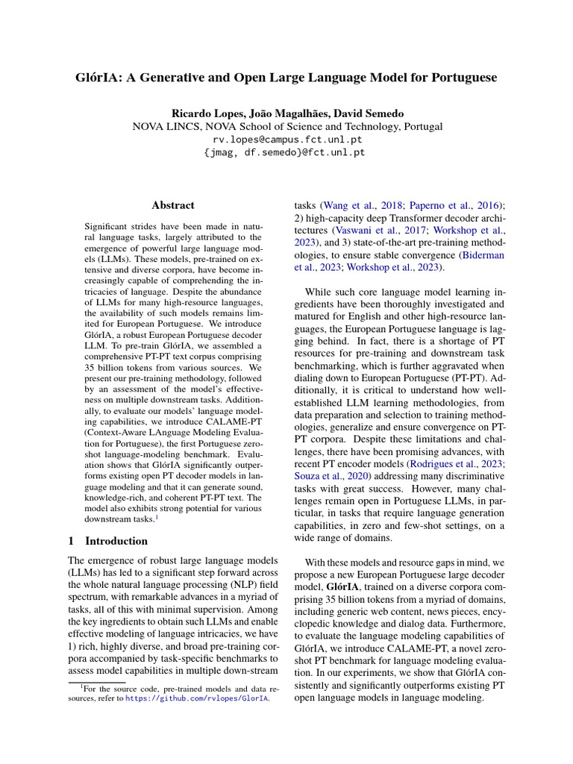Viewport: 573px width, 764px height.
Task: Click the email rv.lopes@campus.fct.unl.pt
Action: point(286,140)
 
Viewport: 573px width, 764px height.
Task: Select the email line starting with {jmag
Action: point(286,152)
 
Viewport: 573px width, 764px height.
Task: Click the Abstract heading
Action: point(173,204)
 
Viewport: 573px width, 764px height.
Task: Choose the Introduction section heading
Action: point(116,541)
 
